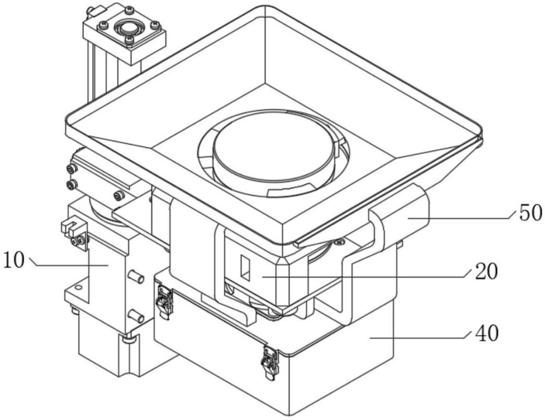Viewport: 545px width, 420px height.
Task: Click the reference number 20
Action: pos(486,270)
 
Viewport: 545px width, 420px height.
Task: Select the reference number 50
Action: pos(530,213)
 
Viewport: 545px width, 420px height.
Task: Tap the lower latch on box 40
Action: pos(269,362)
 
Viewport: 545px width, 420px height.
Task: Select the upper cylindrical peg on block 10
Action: pos(136,277)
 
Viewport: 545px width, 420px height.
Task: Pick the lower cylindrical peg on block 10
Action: pos(135,316)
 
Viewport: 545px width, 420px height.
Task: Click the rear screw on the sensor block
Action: pos(129,10)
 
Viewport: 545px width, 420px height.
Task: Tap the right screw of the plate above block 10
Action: pos(118,195)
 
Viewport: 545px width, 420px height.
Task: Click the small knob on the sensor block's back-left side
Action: pos(90,10)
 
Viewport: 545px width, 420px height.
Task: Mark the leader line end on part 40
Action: pos(371,338)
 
